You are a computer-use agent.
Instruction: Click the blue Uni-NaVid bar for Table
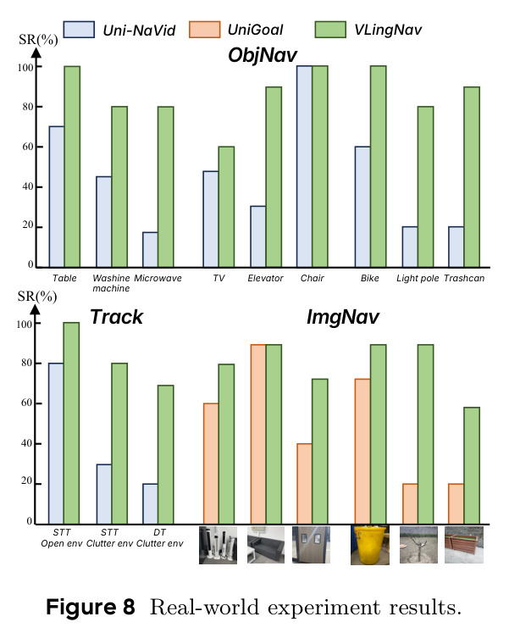pyautogui.click(x=57, y=197)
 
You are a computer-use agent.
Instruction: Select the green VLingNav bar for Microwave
pyautogui.click(x=166, y=187)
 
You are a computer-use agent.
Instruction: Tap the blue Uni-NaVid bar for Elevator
pyautogui.click(x=257, y=236)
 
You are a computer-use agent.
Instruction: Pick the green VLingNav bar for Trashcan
pyautogui.click(x=472, y=177)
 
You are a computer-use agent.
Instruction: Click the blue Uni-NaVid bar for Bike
pyautogui.click(x=362, y=207)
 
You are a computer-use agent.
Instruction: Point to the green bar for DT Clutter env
pyautogui.click(x=166, y=454)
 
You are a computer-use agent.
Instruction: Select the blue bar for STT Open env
pyautogui.click(x=56, y=444)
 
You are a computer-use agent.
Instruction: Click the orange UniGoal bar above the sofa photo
pyautogui.click(x=258, y=435)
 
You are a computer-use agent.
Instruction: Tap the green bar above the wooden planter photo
pyautogui.click(x=472, y=465)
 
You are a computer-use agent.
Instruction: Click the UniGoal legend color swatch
pyautogui.click(x=204, y=30)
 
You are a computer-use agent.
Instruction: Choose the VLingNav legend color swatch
pyautogui.click(x=330, y=30)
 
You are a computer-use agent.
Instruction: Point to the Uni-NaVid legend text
pyautogui.click(x=139, y=31)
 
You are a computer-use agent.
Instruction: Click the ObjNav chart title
pyautogui.click(x=263, y=55)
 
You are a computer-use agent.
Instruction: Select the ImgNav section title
pyautogui.click(x=343, y=317)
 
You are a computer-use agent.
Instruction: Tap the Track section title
pyautogui.click(x=116, y=317)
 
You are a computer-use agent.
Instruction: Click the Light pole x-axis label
pyautogui.click(x=418, y=278)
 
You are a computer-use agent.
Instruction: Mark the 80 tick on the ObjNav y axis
pyautogui.click(x=28, y=107)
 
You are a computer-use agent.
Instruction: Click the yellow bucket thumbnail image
pyautogui.click(x=370, y=545)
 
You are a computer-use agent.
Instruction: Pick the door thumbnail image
pyautogui.click(x=311, y=545)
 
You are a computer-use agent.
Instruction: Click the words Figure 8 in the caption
pyautogui.click(x=91, y=607)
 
